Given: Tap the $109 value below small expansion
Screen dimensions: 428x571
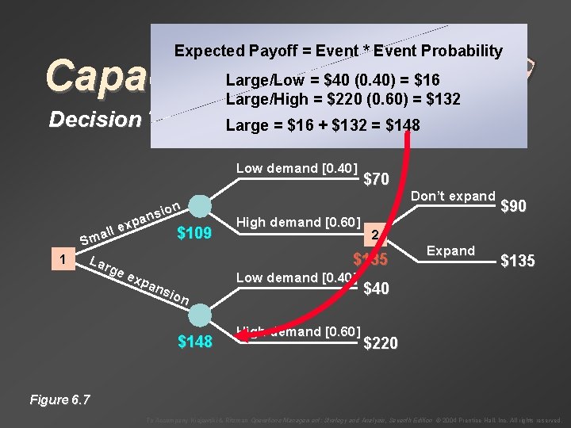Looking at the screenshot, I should coord(194,232).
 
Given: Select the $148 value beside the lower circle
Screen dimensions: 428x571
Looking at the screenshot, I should coord(194,342).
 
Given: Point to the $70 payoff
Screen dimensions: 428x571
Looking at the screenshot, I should coord(375,180).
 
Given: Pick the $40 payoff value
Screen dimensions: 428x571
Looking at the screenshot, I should coord(375,289).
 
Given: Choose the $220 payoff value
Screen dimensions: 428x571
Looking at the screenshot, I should coord(381,343).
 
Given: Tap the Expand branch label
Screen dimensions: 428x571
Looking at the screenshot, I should coord(450,250).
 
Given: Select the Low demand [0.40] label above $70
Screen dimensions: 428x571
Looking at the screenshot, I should coord(297,168).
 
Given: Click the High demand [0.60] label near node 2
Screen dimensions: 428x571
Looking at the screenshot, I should coord(299,221).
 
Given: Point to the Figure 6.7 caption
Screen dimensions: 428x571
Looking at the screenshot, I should coord(59,399).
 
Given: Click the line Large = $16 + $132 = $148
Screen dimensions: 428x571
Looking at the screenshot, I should coord(323,125).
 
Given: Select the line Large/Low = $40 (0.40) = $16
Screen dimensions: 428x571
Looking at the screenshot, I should coord(333,80).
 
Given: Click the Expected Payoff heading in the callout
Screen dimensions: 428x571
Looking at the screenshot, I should coord(338,52).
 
